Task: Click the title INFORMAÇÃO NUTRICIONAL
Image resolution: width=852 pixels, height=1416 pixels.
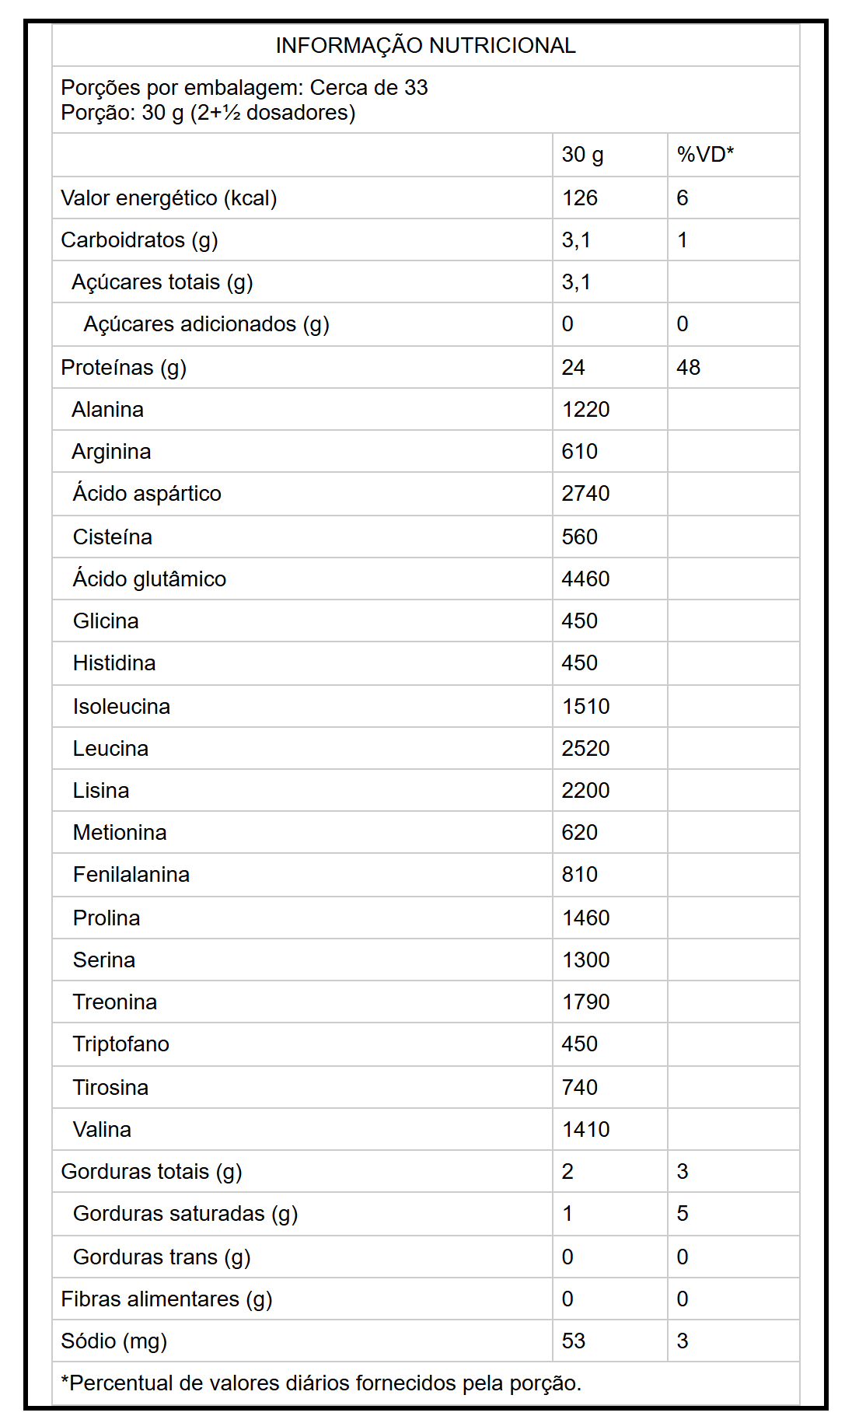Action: click(x=425, y=46)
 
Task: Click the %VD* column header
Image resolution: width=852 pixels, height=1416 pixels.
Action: click(x=705, y=155)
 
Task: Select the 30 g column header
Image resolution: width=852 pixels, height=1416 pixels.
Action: click(x=582, y=155)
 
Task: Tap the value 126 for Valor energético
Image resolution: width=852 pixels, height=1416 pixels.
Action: click(x=579, y=198)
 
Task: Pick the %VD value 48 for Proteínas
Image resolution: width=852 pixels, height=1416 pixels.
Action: click(x=688, y=368)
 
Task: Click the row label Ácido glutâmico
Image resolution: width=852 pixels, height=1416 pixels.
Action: click(x=149, y=579)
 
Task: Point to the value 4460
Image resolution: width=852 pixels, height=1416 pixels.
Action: click(x=585, y=579)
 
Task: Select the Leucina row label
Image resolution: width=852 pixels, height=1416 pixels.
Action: click(x=110, y=749)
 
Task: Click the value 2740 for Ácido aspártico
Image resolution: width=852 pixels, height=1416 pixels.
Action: click(x=585, y=494)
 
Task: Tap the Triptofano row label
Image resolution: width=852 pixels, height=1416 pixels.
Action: click(x=120, y=1044)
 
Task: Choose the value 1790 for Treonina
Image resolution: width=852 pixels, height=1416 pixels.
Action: click(x=585, y=1002)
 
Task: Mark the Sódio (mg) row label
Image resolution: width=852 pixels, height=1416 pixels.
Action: click(x=113, y=1341)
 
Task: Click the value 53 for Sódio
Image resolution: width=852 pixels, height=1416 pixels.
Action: click(x=573, y=1341)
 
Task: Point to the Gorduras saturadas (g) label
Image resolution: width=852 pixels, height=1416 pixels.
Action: click(x=185, y=1214)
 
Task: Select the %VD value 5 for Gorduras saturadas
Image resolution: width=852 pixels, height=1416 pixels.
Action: click(x=682, y=1214)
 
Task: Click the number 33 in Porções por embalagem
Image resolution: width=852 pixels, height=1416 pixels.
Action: click(x=416, y=88)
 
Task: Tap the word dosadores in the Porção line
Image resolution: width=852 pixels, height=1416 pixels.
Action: click(x=301, y=113)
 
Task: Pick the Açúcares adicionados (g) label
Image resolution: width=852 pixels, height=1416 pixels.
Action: click(x=206, y=324)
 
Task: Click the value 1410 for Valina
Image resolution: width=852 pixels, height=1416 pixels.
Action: click(x=585, y=1130)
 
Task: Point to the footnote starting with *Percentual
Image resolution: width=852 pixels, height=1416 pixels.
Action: click(x=321, y=1383)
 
